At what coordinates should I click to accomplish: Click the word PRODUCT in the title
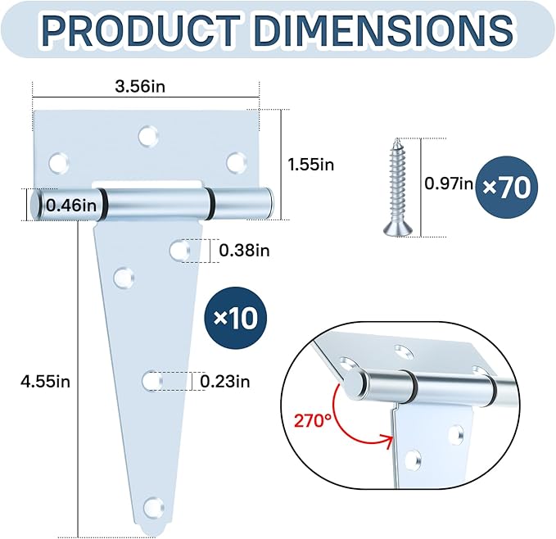point(140,30)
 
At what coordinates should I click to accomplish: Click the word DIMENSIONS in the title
point(384,30)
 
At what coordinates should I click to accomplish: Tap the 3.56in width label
point(140,87)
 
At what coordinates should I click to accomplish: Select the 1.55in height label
point(310,165)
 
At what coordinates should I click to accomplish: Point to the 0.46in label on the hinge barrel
point(71,206)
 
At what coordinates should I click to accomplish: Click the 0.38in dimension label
point(244,251)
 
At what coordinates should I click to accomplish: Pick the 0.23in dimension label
point(225,382)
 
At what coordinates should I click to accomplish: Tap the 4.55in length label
point(45,382)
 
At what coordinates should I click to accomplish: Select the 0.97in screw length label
point(449,183)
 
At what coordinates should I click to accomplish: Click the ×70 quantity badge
point(506,188)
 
